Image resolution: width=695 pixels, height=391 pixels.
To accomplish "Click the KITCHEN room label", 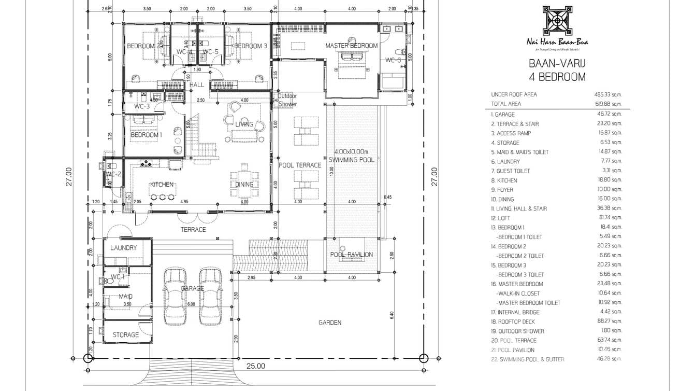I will [x=162, y=185].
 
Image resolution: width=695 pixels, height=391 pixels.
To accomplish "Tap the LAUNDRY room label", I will [x=124, y=248].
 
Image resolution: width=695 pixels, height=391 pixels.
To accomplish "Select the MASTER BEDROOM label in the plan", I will [x=351, y=46].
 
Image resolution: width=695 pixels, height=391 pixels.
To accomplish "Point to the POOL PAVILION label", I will [x=351, y=255].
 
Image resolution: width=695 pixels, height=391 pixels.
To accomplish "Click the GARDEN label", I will [x=330, y=323].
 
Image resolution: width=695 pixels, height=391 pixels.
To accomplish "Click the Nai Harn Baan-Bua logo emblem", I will [x=557, y=21].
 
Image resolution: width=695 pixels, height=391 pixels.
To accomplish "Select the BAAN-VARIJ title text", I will [x=557, y=65].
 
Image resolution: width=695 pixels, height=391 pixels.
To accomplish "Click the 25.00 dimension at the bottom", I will [x=255, y=366].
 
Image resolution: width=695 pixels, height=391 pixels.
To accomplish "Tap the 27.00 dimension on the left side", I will [x=69, y=176].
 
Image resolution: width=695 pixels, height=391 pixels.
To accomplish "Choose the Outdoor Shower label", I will [x=287, y=100].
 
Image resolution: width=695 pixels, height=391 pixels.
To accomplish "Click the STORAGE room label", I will [x=126, y=335].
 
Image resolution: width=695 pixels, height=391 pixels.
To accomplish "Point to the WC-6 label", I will [x=393, y=60].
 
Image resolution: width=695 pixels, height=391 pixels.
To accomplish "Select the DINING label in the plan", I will [x=244, y=184].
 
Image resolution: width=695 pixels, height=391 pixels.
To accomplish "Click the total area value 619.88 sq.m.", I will [x=607, y=104].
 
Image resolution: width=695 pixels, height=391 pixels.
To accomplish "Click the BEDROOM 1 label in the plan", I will [x=146, y=135].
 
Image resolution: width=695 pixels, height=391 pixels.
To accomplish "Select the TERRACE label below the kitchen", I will [x=193, y=229].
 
